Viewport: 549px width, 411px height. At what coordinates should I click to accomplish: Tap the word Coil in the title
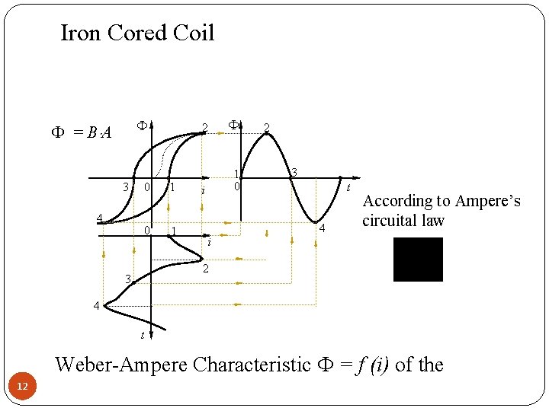point(194,33)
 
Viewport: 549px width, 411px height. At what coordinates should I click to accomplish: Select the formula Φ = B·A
point(80,132)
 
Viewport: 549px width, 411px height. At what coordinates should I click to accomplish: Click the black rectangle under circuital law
point(418,260)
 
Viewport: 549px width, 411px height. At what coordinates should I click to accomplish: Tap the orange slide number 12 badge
point(23,388)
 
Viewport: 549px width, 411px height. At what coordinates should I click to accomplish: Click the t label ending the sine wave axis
point(348,187)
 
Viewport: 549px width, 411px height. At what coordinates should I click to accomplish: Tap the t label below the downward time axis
point(142,335)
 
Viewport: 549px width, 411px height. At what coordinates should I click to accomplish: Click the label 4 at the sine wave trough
point(323,228)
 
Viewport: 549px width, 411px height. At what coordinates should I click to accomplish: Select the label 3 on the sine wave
point(294,173)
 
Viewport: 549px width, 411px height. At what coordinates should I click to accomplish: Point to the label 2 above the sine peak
point(265,127)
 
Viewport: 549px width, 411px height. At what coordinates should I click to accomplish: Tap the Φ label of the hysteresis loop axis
point(141,124)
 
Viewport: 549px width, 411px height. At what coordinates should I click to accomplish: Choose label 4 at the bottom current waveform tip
point(96,306)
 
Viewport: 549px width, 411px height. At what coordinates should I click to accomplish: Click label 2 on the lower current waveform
point(204,269)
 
